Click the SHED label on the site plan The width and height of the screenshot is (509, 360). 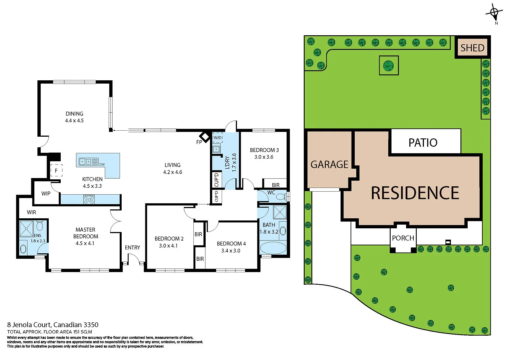472,48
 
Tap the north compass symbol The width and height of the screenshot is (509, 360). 494,13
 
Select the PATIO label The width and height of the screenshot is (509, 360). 423,143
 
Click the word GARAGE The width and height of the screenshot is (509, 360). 329,164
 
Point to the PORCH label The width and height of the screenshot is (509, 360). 403,238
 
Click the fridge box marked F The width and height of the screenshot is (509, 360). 56,170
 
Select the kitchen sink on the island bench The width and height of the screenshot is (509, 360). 85,162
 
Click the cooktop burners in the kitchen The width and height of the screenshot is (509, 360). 89,199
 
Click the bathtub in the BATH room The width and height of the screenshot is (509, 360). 273,248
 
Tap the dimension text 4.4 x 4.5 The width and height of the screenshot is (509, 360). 74,121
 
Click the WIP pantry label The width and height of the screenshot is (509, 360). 46,193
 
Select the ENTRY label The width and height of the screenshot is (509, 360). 132,247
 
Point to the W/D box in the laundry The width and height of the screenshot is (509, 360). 217,138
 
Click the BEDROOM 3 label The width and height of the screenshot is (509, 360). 264,150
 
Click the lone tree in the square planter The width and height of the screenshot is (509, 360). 388,65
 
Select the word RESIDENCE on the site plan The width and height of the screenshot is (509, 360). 415,193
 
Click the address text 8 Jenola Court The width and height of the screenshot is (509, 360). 29,325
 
